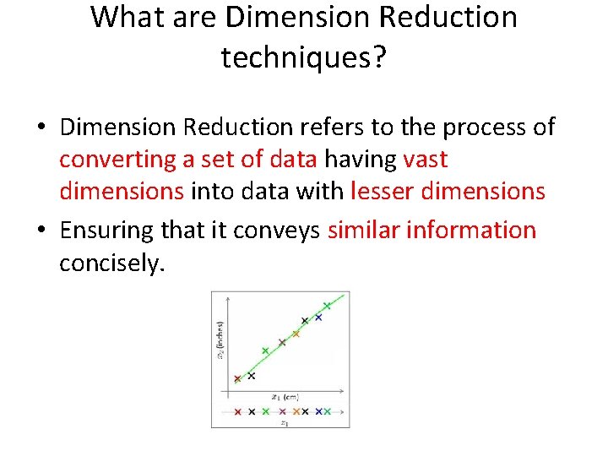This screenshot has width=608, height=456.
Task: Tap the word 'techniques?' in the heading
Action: pyautogui.click(x=303, y=57)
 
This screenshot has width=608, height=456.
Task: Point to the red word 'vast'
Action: pyautogui.click(x=426, y=160)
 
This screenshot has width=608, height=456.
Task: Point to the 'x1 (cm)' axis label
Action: pyautogui.click(x=285, y=396)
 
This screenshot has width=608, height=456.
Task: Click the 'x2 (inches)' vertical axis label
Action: pyautogui.click(x=220, y=339)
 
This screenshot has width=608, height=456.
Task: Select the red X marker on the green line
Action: pyautogui.click(x=237, y=379)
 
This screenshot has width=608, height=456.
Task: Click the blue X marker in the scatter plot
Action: pyautogui.click(x=318, y=318)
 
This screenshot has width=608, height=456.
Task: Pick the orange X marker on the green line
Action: pyautogui.click(x=296, y=334)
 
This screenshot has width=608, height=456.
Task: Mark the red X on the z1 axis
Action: pyautogui.click(x=237, y=411)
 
